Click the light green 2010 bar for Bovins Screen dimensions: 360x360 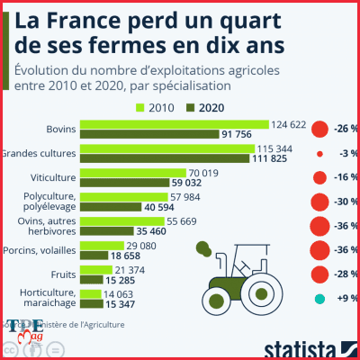175,124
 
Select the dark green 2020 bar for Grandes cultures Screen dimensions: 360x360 166,159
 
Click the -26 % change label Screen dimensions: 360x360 345,129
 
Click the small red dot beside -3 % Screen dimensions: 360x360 319,154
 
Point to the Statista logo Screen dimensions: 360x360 302,348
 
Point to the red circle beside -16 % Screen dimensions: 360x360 318,178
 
